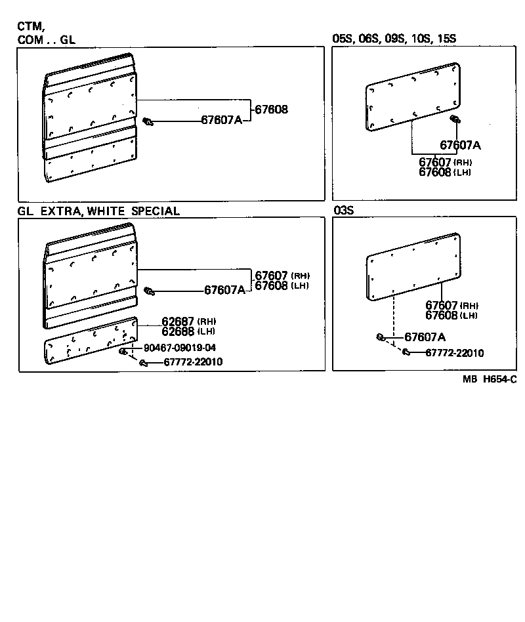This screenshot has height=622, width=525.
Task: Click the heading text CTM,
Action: [x=31, y=27]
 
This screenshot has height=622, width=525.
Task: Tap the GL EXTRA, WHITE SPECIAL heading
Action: [x=98, y=211]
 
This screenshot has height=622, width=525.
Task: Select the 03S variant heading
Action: [x=345, y=211]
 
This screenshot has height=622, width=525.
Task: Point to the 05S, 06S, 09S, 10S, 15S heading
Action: [x=394, y=39]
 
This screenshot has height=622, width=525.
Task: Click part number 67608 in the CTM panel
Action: [x=271, y=110]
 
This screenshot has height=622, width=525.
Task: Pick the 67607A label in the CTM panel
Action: [x=221, y=120]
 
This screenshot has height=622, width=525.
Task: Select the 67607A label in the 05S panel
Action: [x=460, y=145]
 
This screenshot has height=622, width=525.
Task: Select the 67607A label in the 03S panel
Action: [x=425, y=337]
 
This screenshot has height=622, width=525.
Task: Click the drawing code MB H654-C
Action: [x=489, y=379]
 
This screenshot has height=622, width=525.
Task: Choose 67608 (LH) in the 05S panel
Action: [x=445, y=172]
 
